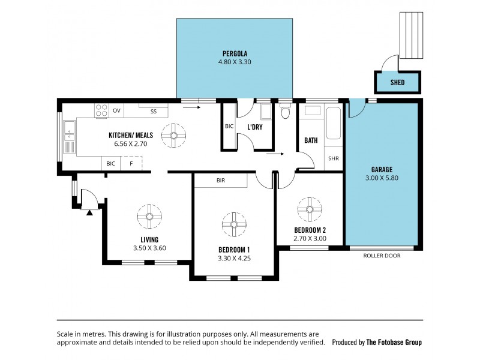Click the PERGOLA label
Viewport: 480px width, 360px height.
235,53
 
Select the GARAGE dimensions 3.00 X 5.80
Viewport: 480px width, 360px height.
382,178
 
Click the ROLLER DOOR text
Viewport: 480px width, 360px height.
382,256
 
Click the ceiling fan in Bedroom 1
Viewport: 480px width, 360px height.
234,224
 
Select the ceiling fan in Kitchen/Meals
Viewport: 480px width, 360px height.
173,135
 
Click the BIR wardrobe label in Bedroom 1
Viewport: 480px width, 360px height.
221,180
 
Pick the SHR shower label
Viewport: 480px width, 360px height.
334,159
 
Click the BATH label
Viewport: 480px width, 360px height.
311,140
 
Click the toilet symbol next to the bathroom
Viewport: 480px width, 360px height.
286,112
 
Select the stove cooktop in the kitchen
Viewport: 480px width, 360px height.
101,110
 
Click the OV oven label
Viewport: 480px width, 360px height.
116,111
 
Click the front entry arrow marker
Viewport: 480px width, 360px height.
89,211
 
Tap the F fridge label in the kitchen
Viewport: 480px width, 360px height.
130,163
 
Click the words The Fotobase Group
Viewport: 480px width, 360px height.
394,342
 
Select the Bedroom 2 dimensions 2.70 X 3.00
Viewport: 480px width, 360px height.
310,238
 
